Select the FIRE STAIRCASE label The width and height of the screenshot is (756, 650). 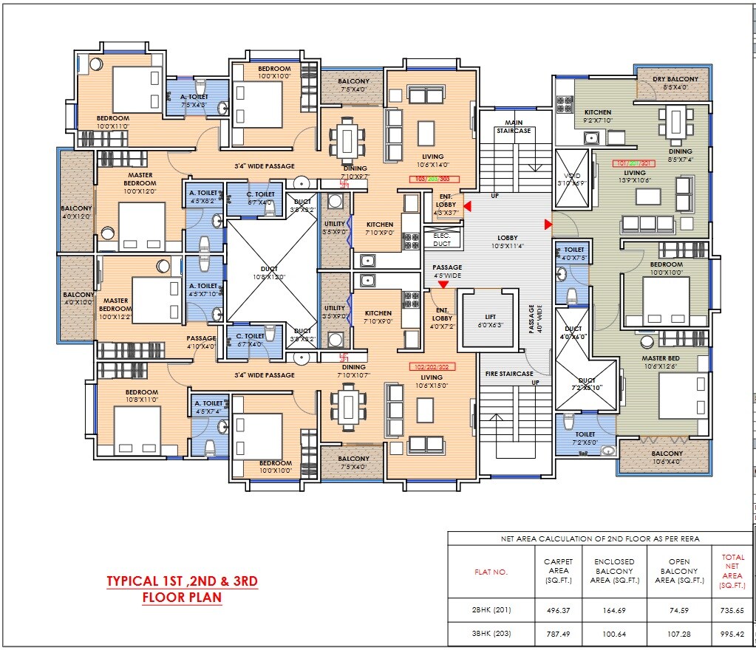[508, 374]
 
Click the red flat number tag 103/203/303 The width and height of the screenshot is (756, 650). [434, 179]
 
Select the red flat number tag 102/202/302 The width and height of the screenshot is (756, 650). [432, 366]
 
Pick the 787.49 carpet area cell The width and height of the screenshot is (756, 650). [558, 634]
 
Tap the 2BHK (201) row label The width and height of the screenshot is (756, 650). [491, 611]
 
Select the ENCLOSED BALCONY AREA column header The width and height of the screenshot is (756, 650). [614, 572]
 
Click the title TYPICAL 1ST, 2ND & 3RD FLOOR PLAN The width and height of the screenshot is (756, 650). [182, 589]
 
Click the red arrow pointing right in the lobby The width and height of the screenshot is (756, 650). [548, 224]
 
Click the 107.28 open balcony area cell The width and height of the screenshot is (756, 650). [674, 634]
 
